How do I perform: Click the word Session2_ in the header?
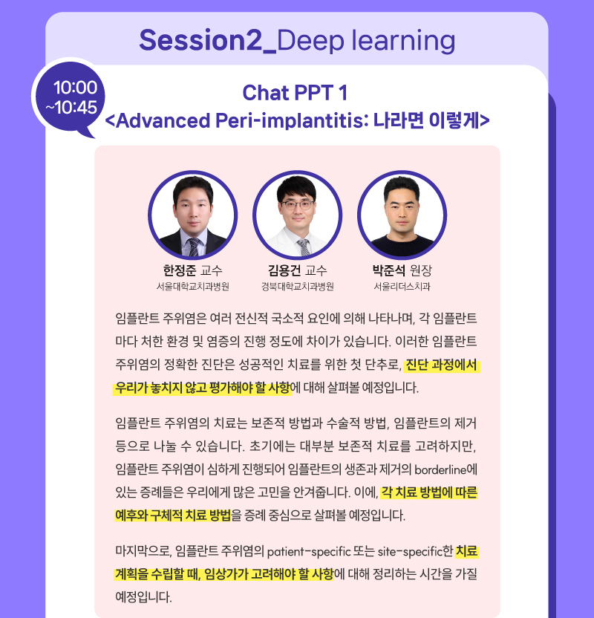click(208, 41)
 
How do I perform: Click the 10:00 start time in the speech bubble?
click(75, 88)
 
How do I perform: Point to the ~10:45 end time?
click(71, 107)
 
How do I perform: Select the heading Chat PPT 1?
click(295, 93)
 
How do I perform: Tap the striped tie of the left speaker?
click(194, 247)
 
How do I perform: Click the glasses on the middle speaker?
click(298, 205)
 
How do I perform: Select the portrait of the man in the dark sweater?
click(402, 215)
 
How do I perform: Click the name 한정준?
click(179, 270)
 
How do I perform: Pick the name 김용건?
click(284, 270)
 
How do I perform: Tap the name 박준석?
click(388, 270)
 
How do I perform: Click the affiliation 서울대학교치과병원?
click(192, 287)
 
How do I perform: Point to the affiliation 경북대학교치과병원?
click(298, 287)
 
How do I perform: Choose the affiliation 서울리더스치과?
click(402, 287)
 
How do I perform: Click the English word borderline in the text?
click(440, 469)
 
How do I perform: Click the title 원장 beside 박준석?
click(421, 270)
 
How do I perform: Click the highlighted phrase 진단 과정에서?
click(441, 365)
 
